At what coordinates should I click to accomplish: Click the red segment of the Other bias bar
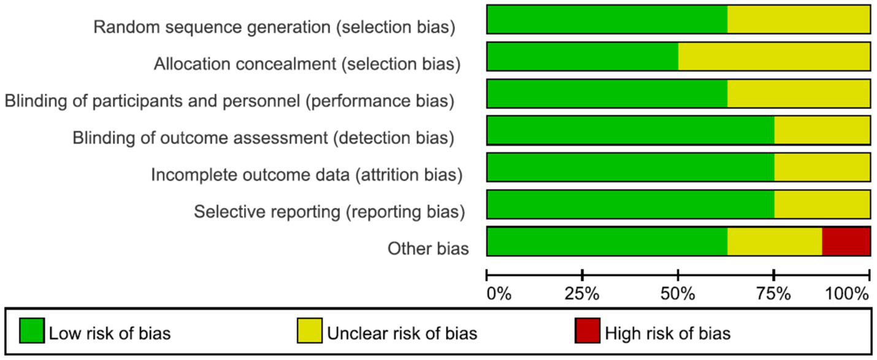pos(846,241)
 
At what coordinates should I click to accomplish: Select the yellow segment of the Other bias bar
pos(775,241)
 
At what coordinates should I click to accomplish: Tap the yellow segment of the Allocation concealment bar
pos(774,57)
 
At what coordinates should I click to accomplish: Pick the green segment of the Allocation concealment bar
pos(583,57)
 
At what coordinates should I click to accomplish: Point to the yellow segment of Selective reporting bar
pos(822,204)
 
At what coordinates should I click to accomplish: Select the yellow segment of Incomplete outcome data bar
pos(822,167)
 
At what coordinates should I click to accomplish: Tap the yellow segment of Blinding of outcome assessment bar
pos(822,131)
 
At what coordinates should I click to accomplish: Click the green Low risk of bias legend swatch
pos(31,331)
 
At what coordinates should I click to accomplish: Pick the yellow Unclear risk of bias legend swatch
pos(309,331)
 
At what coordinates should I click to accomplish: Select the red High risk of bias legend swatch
pos(587,331)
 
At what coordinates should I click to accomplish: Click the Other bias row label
pos(428,248)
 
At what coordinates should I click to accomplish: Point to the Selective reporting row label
pos(329,212)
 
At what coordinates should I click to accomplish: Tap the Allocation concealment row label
pos(307,64)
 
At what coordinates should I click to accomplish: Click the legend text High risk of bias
pos(668,334)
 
